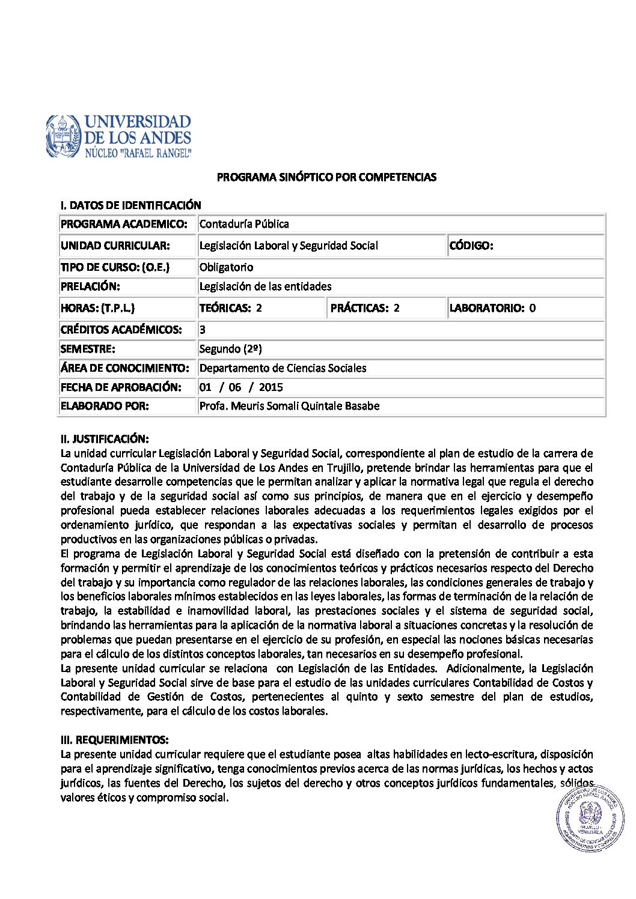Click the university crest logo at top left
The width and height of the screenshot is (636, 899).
click(63, 136)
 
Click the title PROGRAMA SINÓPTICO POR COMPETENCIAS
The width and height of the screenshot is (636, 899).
click(326, 177)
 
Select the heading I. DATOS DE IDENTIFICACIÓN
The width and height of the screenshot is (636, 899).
click(130, 205)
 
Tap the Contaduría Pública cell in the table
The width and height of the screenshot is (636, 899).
click(244, 224)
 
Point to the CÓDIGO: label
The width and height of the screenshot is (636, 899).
click(471, 246)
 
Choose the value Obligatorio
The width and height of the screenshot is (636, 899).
click(226, 267)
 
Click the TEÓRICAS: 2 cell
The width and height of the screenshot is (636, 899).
click(231, 308)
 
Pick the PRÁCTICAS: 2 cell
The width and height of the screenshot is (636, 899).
click(365, 308)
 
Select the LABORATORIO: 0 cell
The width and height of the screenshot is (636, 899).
click(492, 308)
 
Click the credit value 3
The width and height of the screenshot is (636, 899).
click(203, 330)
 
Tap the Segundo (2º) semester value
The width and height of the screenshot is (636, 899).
click(230, 349)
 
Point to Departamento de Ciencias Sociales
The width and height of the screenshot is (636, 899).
click(283, 368)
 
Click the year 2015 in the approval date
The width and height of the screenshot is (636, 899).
click(271, 387)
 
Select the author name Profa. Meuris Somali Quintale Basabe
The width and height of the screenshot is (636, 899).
click(289, 406)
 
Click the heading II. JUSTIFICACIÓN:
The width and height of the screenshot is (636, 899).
click(105, 439)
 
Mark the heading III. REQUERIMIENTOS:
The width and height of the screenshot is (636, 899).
click(114, 740)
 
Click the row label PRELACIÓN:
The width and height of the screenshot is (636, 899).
click(90, 286)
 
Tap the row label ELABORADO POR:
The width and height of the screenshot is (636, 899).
click(105, 406)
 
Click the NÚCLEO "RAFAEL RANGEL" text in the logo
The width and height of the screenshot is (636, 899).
click(138, 153)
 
